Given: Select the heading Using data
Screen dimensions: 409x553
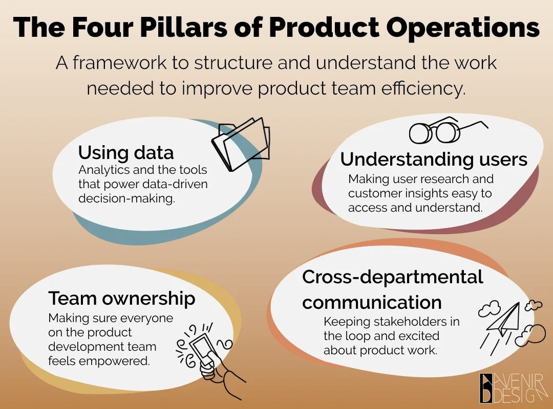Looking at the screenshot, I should point(126,152).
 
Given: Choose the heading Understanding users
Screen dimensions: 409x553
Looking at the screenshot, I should point(434,160).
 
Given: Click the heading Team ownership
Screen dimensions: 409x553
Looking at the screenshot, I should point(122,298).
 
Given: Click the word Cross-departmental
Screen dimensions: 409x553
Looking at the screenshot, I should point(392,277).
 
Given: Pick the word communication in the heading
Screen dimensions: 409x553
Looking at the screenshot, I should point(372,302).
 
